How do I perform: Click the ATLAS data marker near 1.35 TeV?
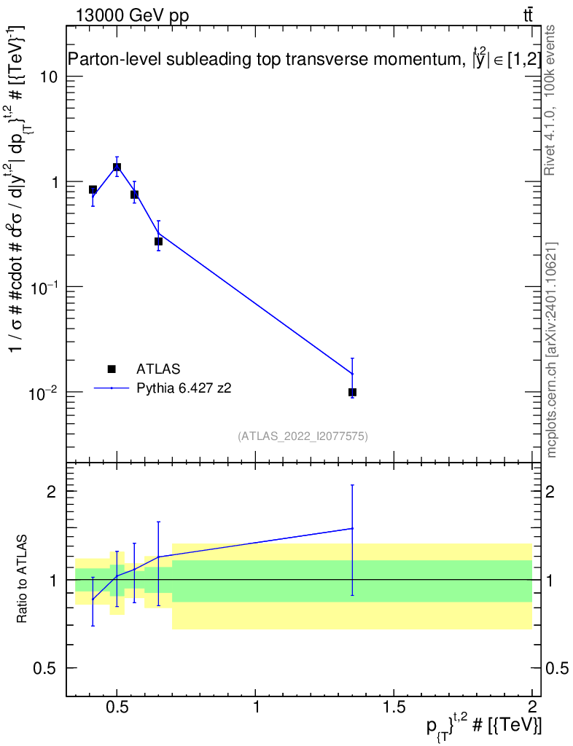point(352,392)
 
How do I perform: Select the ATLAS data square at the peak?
point(117,167)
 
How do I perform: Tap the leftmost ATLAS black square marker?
point(93,189)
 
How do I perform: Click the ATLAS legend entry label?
point(158,369)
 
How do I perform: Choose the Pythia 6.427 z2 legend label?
point(184,388)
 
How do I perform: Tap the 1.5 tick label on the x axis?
point(394,707)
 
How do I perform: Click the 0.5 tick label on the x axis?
point(117,707)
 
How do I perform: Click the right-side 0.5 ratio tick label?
point(557,668)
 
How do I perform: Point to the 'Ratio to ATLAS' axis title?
point(21,579)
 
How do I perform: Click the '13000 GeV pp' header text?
point(132,15)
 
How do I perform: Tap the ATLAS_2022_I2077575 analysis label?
point(303,436)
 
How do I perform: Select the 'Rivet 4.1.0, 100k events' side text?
point(550,101)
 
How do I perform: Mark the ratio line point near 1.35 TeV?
point(352,528)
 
